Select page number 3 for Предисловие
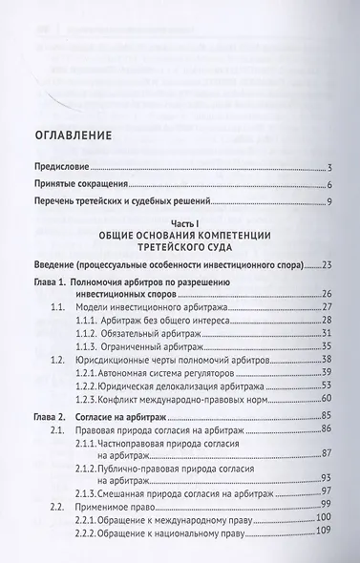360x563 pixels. click(328, 167)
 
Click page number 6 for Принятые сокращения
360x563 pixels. click(328, 184)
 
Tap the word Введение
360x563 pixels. click(55, 264)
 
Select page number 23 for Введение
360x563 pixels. click(325, 264)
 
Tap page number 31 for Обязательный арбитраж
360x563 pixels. click(325, 333)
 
